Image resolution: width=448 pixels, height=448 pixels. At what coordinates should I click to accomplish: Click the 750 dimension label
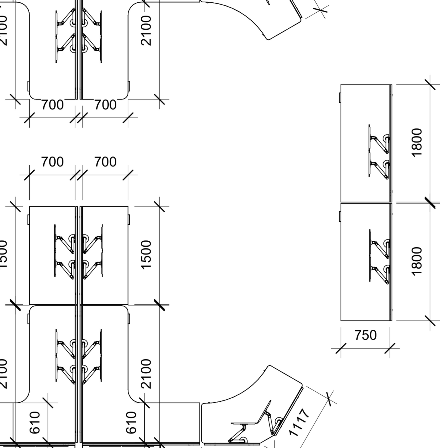365,335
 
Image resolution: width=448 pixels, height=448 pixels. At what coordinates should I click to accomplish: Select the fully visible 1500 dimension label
146,254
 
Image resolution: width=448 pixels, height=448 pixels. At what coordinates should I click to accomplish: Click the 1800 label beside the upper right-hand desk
417,142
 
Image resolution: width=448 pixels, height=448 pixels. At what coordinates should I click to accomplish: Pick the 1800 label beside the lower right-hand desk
417,261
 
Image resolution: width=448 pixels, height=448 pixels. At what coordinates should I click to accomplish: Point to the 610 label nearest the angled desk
131,422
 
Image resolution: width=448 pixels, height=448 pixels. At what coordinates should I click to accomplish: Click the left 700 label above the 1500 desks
52,162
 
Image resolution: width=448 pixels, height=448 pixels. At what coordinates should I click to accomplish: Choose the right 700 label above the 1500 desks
105,162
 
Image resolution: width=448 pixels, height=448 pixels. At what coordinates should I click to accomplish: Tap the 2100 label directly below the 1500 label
146,373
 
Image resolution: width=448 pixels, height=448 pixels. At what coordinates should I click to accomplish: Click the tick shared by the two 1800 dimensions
430,202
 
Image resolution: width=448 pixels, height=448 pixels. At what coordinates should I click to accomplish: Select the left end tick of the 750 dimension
341,348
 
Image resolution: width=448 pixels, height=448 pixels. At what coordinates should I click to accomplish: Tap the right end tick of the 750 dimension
390,348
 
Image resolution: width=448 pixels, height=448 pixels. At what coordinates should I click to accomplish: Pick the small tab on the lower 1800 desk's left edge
340,216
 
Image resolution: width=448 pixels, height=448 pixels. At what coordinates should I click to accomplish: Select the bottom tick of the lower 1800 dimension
430,321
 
